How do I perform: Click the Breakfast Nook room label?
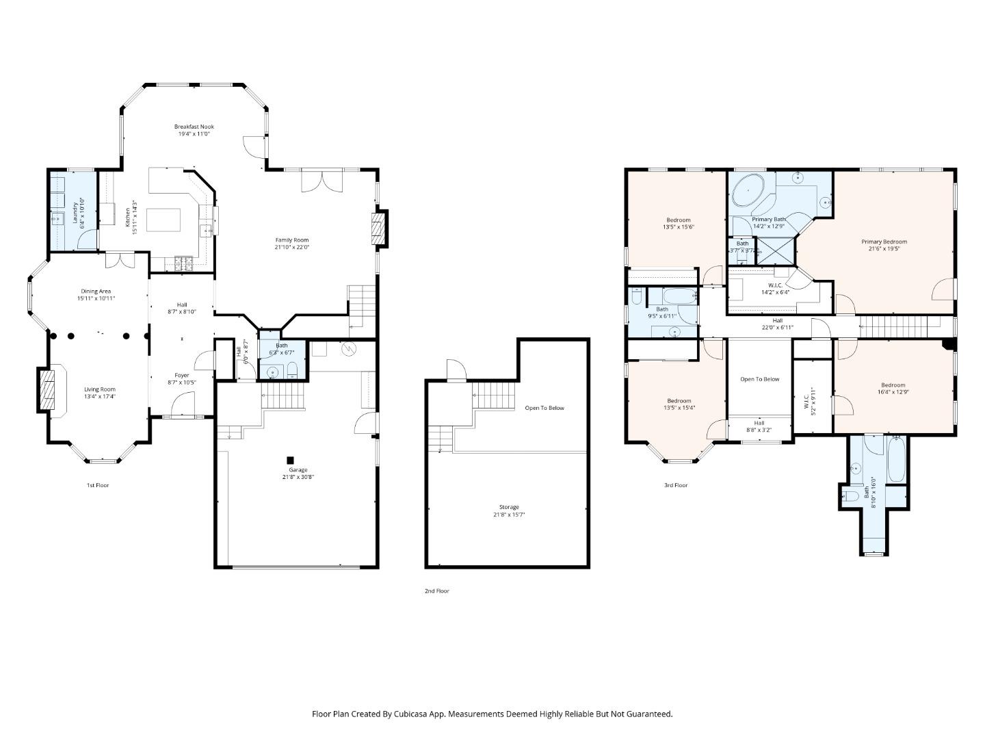pos(194,127)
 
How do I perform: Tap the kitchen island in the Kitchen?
pos(164,220)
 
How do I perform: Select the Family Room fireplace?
pos(378,229)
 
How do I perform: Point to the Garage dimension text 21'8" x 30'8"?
pos(298,477)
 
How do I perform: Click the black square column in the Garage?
pos(290,461)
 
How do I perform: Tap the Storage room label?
pos(508,507)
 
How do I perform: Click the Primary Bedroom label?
pos(884,242)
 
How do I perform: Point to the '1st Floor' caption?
pos(97,485)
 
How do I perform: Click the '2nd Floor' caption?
pos(436,591)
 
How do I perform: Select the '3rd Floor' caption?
pos(675,485)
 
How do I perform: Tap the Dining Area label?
pos(96,291)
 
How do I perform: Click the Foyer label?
pos(181,375)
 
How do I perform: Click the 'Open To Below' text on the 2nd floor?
pos(544,408)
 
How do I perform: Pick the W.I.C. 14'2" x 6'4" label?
pos(775,285)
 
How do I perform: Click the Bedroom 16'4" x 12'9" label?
pos(893,385)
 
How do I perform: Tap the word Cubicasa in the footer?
pos(412,714)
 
